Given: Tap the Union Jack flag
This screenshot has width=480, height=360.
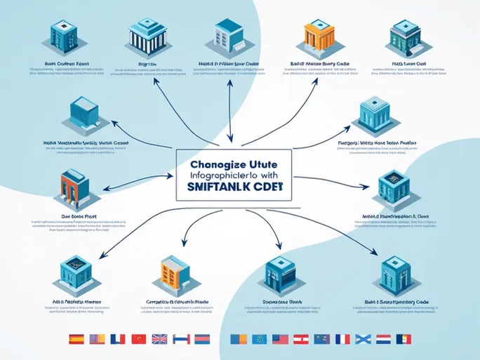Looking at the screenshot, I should tap(159, 339).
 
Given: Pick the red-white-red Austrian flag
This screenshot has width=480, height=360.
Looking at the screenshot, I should tap(301, 339).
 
